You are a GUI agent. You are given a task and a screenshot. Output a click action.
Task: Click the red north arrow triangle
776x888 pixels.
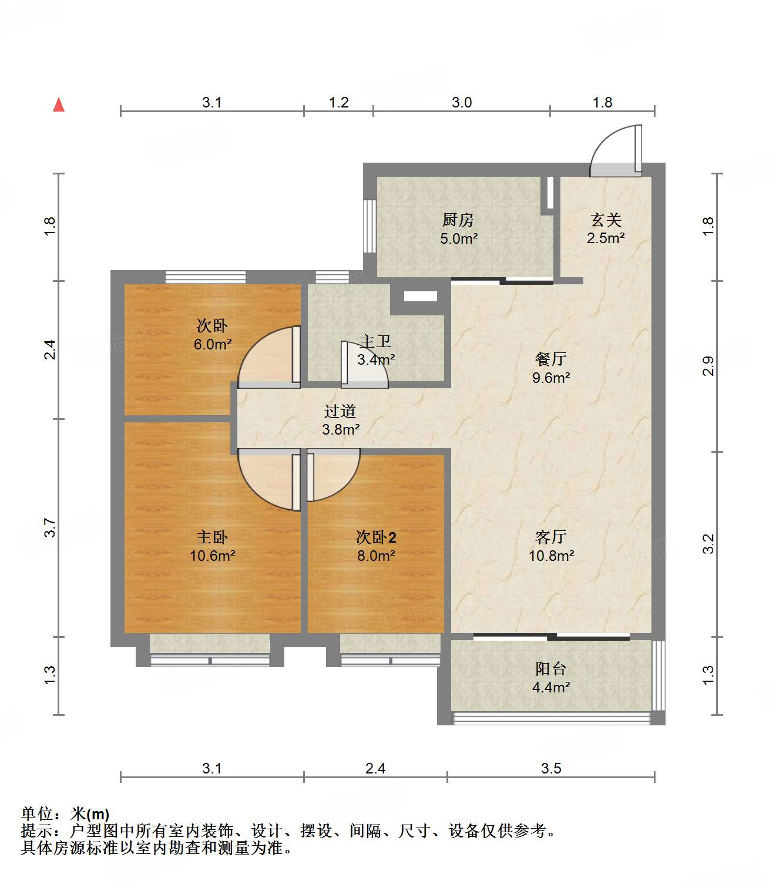[59, 105]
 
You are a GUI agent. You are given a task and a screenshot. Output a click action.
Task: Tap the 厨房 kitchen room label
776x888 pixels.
[458, 220]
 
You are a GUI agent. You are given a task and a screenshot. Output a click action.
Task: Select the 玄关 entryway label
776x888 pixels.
[606, 220]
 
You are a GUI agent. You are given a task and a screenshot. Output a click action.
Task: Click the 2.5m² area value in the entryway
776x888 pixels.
[606, 238]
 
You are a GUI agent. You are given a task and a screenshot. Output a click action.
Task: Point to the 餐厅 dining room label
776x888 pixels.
[551, 359]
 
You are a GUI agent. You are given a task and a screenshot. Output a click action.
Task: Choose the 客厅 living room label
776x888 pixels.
[551, 537]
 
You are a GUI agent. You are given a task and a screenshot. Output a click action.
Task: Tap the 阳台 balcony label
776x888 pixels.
[551, 669]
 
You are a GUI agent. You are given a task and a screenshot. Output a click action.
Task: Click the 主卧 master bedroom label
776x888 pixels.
[212, 537]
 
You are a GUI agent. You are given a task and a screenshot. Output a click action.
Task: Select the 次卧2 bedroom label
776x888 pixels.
[376, 537]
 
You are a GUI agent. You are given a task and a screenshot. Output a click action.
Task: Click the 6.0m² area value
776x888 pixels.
[213, 345]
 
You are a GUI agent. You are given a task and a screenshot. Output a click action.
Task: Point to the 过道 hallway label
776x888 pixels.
[340, 411]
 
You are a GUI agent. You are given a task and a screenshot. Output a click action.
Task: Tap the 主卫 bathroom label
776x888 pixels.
[375, 341]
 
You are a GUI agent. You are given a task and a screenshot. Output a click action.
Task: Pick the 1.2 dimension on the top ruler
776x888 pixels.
[339, 103]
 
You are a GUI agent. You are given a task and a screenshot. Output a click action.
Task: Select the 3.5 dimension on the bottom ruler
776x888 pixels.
[551, 768]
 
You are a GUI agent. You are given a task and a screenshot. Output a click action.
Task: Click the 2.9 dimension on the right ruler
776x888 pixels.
[708, 366]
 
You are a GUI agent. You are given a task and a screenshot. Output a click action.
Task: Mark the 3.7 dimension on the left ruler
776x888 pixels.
[50, 527]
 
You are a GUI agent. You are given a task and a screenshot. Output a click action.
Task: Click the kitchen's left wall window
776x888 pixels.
[369, 226]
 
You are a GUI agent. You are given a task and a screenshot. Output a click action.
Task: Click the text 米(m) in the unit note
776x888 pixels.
[90, 814]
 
